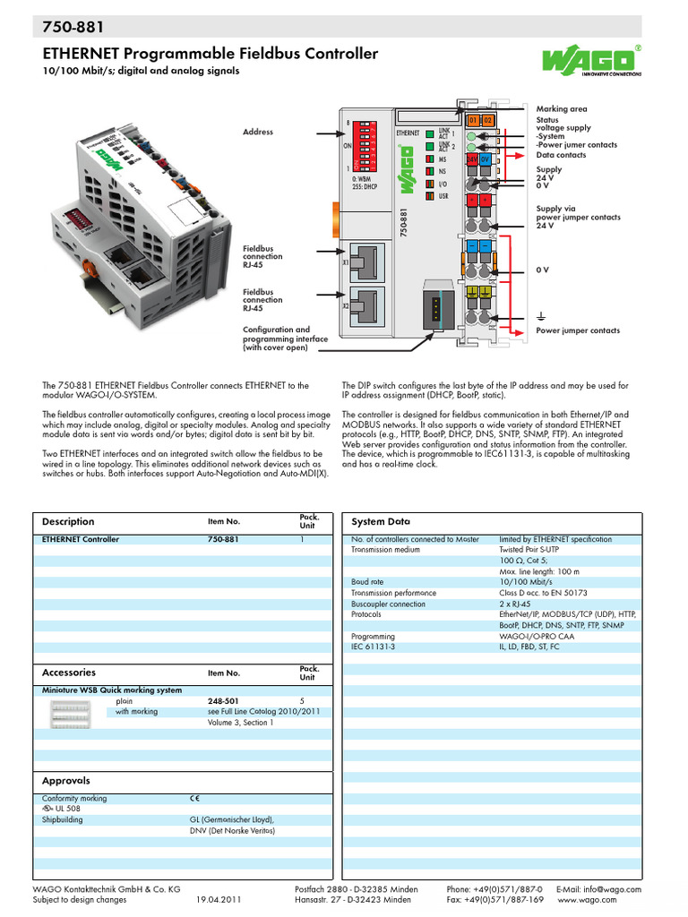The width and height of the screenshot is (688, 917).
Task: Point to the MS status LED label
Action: tap(442, 159)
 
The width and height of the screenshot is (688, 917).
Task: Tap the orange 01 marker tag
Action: tap(473, 120)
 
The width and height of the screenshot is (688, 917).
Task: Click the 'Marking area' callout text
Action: tap(562, 109)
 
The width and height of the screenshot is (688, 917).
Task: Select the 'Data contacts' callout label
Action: tap(561, 155)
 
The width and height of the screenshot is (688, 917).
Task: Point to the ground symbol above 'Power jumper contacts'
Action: tap(541, 317)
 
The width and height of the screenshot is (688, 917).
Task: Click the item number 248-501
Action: tap(223, 700)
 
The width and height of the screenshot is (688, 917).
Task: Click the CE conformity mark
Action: tap(194, 798)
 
